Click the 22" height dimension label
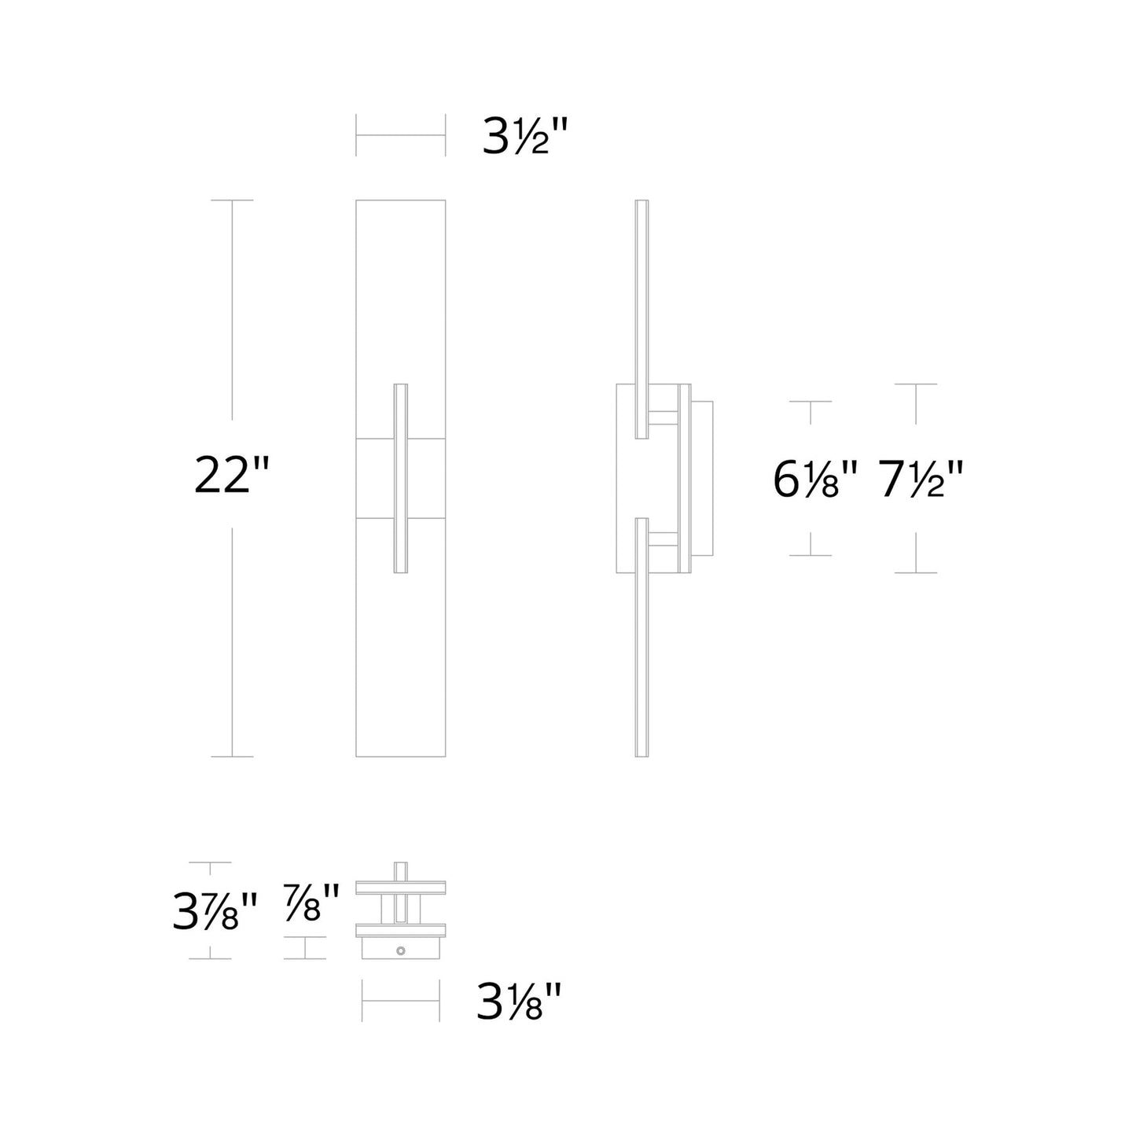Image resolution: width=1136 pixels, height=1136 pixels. [232, 477]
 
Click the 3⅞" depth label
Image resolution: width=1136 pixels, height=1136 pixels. [215, 913]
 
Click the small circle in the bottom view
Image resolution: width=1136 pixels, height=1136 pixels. [401, 950]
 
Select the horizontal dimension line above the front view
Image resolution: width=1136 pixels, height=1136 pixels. [400, 135]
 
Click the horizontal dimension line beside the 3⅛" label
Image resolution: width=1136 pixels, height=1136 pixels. [400, 1002]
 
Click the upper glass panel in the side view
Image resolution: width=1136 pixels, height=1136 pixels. [642, 314]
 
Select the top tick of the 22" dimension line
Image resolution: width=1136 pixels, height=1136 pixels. [232, 200]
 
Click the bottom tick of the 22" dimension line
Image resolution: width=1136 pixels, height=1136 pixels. [232, 756]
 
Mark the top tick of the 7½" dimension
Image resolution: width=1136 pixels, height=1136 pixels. [916, 384]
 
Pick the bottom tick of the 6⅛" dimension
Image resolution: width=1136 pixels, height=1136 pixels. [811, 555]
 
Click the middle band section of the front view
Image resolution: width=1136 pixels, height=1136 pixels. [377, 477]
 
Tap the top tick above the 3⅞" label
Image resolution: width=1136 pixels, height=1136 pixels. [210, 862]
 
